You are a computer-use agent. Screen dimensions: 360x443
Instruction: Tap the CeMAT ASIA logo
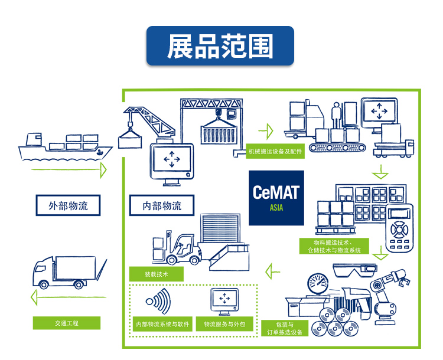[x=276, y=198]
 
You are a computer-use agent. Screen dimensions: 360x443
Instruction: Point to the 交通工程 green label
[x=67, y=323]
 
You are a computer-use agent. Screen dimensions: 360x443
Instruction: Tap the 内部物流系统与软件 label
[x=162, y=324]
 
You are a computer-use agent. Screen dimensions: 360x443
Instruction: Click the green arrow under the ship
[x=68, y=171]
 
